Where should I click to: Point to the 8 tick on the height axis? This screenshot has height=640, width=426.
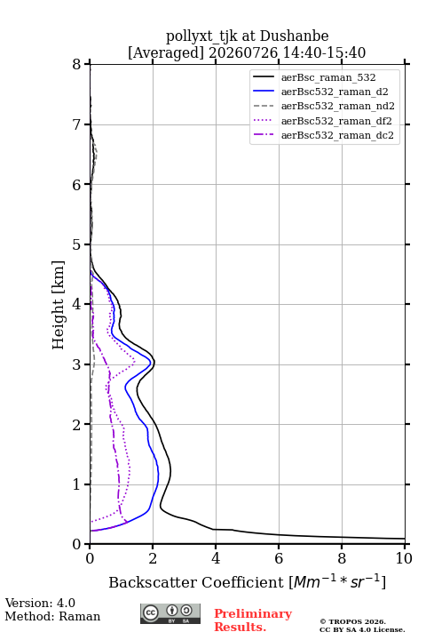[x=76, y=64]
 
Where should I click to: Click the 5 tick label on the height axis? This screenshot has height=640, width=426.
[x=76, y=244]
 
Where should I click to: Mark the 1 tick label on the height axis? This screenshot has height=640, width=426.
[x=76, y=484]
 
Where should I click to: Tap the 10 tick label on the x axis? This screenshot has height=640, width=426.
[x=404, y=558]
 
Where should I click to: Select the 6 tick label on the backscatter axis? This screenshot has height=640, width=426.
[x=279, y=558]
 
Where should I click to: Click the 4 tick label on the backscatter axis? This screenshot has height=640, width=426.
[x=216, y=558]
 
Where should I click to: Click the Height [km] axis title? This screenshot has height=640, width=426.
[x=59, y=305]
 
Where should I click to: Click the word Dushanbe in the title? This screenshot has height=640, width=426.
[x=294, y=36]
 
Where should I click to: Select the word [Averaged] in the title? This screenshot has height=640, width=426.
[x=165, y=52]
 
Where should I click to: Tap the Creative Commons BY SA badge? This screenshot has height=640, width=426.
[x=170, y=613]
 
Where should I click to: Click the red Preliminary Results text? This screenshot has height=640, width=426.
[x=253, y=620]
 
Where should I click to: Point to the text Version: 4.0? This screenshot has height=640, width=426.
[x=40, y=603]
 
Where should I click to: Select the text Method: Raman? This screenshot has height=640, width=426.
[x=52, y=616]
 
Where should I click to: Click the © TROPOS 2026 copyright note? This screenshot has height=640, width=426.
[x=352, y=621]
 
